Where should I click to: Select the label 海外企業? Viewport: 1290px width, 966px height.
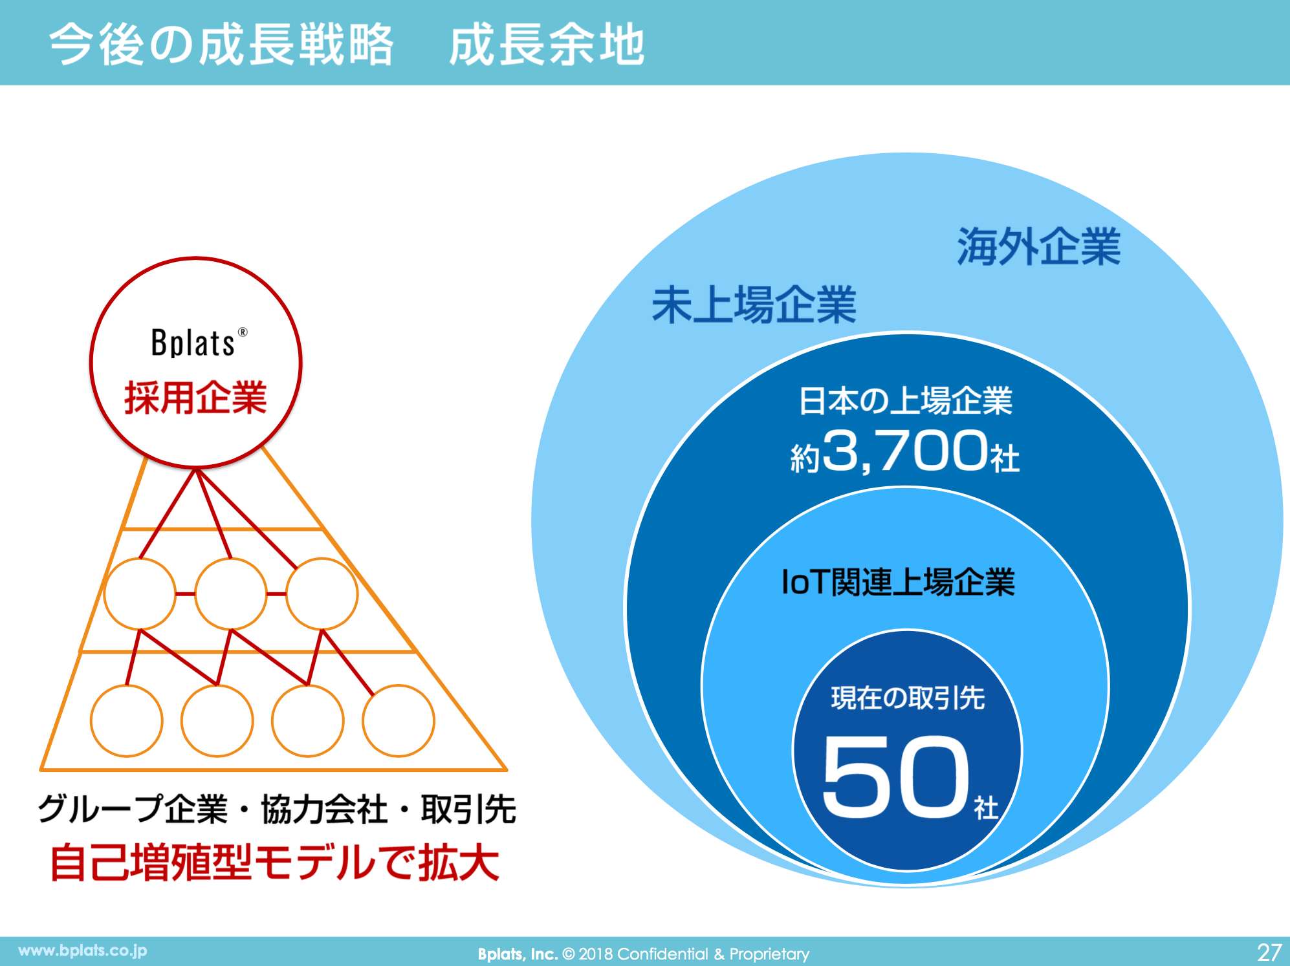(1038, 246)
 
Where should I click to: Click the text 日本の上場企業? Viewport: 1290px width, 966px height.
(905, 401)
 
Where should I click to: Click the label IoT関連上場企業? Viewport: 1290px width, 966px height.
(898, 581)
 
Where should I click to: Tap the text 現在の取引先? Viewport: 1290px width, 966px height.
(908, 698)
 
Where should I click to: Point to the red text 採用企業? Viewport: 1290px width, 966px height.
(195, 397)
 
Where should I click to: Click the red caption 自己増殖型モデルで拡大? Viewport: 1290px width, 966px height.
(275, 863)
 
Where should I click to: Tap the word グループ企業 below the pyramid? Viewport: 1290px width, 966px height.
(133, 809)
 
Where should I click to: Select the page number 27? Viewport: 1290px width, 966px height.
(1269, 952)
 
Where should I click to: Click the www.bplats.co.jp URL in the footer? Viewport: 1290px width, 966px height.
(83, 950)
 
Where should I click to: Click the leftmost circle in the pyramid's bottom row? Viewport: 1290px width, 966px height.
(126, 721)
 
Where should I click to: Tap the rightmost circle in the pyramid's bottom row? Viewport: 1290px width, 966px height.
(398, 721)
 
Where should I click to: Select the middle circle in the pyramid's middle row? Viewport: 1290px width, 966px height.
(231, 594)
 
